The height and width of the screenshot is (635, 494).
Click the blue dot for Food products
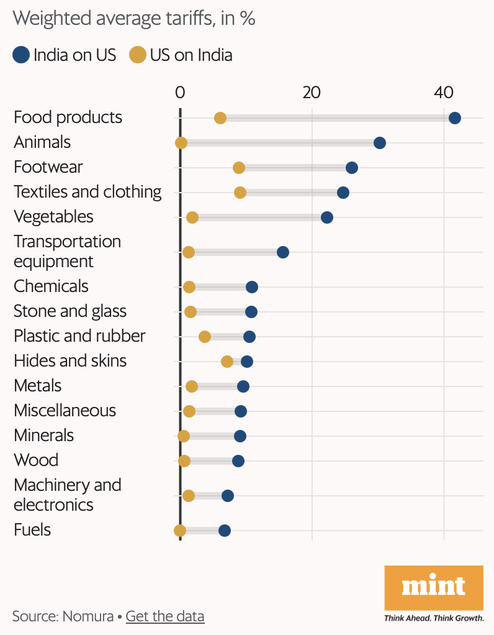point(454,118)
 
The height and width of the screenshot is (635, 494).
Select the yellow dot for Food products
point(220,118)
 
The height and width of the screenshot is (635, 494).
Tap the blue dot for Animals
point(380,143)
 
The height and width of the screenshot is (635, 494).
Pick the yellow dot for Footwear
point(239,168)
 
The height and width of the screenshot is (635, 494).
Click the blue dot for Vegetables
point(327,217)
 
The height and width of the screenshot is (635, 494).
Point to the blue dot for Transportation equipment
point(283,252)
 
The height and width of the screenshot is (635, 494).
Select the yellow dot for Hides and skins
point(227,362)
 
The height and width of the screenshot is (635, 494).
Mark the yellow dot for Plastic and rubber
point(205,337)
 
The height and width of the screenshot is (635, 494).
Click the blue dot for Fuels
point(225,531)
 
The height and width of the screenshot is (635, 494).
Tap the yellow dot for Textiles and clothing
point(240,193)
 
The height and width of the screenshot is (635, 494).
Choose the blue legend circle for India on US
point(21,55)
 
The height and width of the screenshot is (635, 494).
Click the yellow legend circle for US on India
point(137,55)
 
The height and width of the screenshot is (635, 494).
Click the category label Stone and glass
point(70,311)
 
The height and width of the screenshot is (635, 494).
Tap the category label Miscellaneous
point(65,410)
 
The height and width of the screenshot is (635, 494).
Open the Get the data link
point(165,616)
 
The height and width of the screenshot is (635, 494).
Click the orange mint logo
point(433,587)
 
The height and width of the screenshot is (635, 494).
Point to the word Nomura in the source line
point(88,616)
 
